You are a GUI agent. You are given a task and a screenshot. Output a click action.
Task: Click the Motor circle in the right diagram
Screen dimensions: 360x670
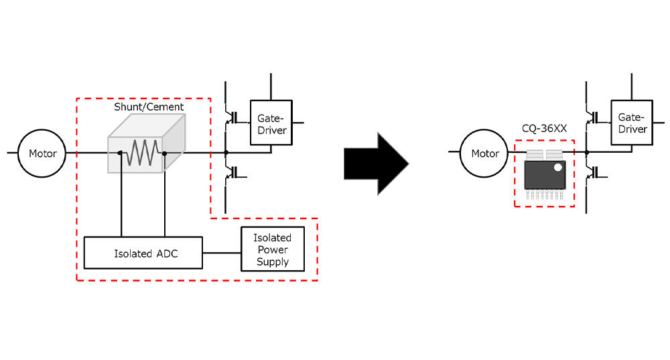pyautogui.click(x=485, y=154)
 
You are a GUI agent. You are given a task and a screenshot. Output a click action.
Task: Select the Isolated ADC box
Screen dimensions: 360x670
pyautogui.click(x=143, y=253)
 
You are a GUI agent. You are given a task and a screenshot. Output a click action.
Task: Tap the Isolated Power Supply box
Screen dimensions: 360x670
pyautogui.click(x=272, y=249)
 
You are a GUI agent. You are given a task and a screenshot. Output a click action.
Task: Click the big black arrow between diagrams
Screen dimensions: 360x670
pyautogui.click(x=375, y=163)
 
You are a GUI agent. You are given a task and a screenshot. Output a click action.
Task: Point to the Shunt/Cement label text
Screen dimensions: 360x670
pyautogui.click(x=149, y=107)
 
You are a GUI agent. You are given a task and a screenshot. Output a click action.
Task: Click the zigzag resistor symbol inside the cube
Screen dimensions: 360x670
pyautogui.click(x=142, y=154)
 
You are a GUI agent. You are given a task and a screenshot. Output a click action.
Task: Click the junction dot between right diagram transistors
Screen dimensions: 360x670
pyautogui.click(x=586, y=154)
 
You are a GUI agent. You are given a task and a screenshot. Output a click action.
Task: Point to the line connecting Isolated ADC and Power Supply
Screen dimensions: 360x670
pyautogui.click(x=222, y=253)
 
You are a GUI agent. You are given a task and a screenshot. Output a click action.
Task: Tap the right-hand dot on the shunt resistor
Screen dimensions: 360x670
pyautogui.click(x=164, y=154)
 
